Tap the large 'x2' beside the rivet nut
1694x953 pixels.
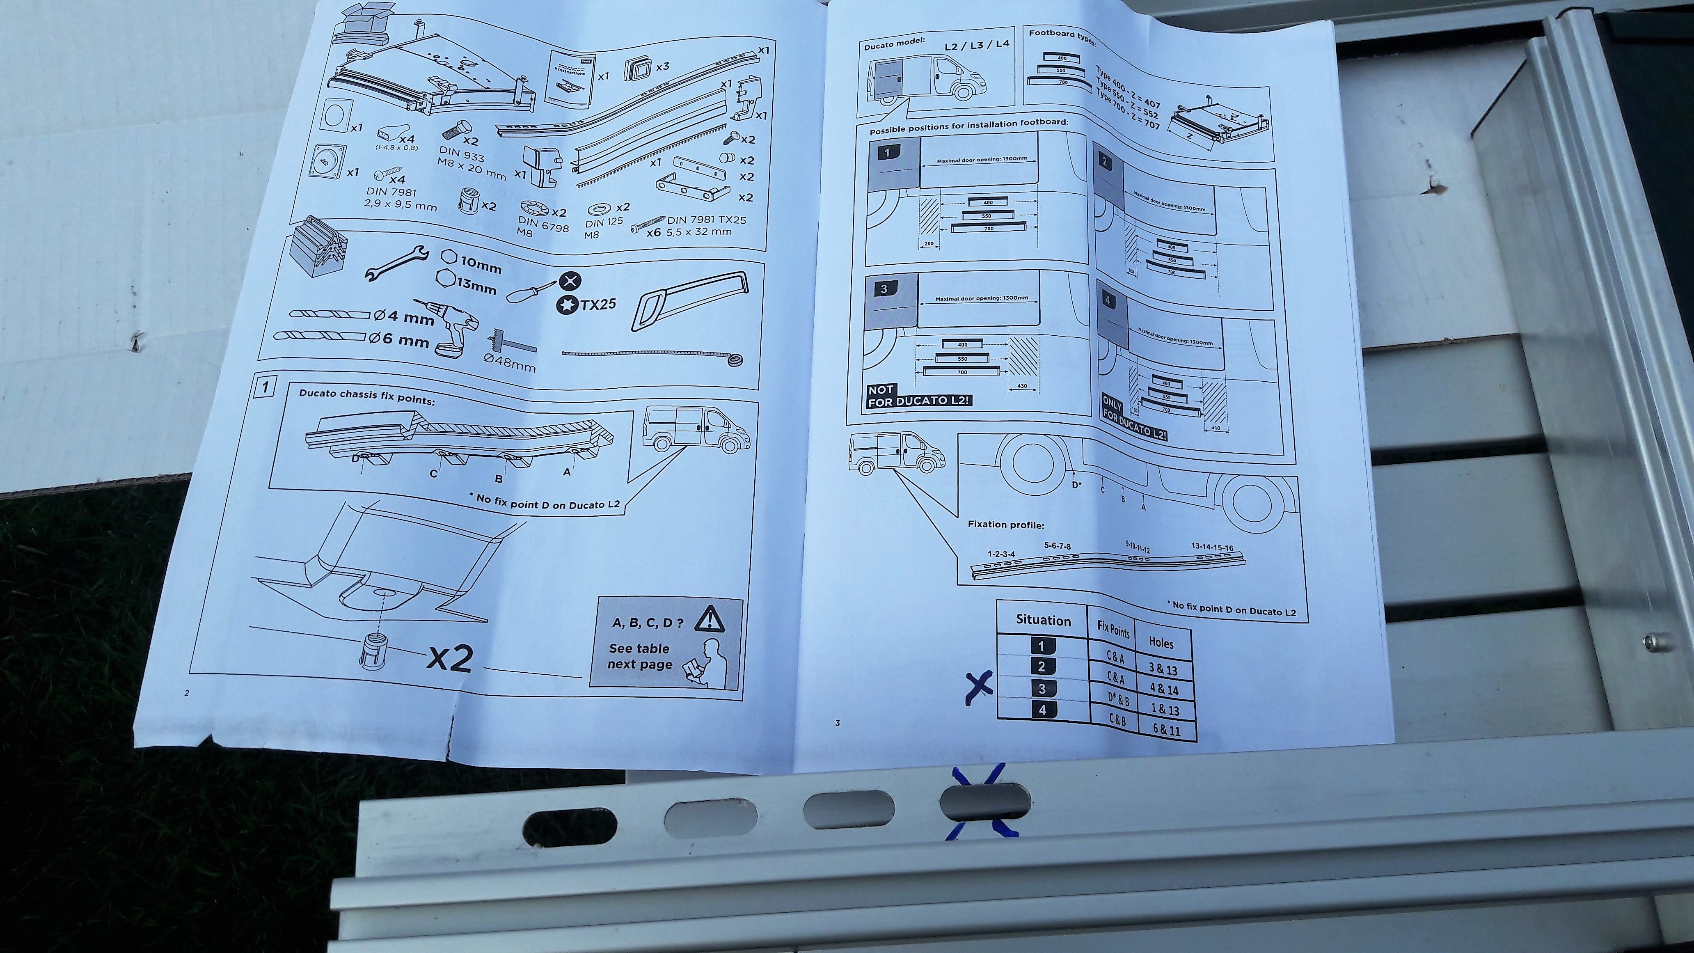[451, 657]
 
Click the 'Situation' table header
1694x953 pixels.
[1043, 620]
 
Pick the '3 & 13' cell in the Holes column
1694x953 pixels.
[1163, 669]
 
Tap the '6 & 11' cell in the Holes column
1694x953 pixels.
[1166, 729]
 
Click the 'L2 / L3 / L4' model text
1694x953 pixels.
[976, 46]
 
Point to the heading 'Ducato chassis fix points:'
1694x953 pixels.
[366, 396]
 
